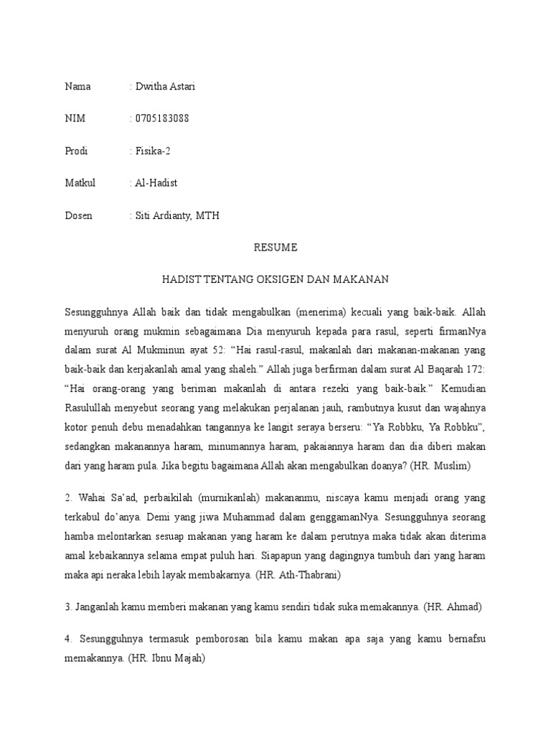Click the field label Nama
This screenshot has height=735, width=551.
pyautogui.click(x=77, y=87)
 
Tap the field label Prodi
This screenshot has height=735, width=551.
pyautogui.click(x=76, y=151)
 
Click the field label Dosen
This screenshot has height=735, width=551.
pyautogui.click(x=78, y=216)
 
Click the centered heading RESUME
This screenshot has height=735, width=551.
pyautogui.click(x=275, y=248)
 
